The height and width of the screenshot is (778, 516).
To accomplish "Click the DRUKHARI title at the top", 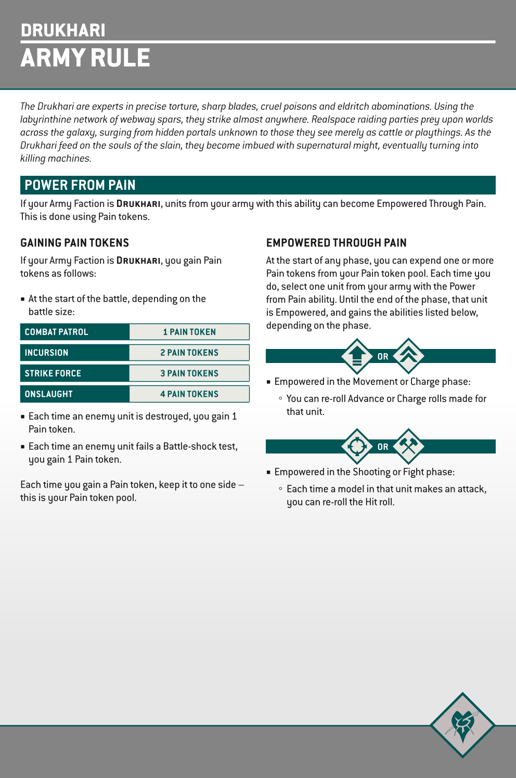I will coord(63,31).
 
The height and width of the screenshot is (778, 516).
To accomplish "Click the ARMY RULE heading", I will coord(85,58).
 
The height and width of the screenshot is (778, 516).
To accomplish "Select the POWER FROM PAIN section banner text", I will coord(80,185).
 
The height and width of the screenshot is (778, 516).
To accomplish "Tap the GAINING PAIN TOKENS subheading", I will coord(74,243).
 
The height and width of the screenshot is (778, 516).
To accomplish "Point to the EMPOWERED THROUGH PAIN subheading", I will coord(336,243).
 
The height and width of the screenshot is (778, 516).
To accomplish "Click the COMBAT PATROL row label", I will coord(56,332).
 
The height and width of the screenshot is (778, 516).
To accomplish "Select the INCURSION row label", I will coord(46,353).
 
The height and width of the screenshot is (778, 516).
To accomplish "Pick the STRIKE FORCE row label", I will coord(53,373).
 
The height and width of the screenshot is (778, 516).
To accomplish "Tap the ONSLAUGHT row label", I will coord(48,394).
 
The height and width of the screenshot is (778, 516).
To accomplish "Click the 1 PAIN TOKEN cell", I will coord(189,332).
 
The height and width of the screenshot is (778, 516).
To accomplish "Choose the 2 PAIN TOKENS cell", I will coord(189,353).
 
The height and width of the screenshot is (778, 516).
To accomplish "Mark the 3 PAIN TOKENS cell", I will coord(189,373).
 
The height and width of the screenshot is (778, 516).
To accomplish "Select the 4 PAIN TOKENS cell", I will coord(189,394).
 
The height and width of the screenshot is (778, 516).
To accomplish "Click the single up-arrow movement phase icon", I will coord(357,356).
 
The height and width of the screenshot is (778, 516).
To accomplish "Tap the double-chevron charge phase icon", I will coord(409,356).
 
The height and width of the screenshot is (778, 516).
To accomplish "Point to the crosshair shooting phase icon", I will coord(357,446).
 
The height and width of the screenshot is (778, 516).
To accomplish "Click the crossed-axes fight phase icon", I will coord(409,446).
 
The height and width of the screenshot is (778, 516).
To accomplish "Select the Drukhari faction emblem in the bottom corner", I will coord(462,724).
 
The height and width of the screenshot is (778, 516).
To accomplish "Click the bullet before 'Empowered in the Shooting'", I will coord(269,472).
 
